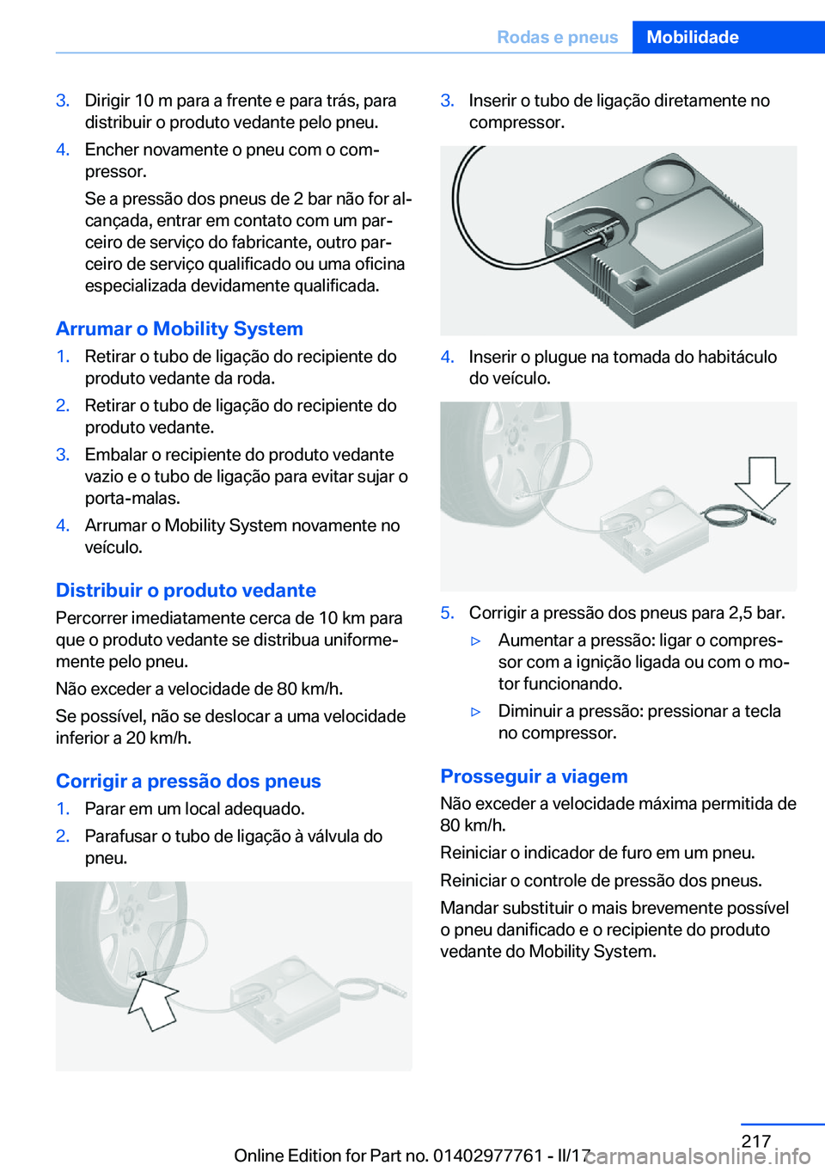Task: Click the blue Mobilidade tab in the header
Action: [x=729, y=37]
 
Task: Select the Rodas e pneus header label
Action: [x=557, y=37]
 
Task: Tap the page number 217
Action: [x=755, y=1141]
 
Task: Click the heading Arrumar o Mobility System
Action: [x=180, y=328]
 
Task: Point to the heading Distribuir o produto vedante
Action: [x=186, y=590]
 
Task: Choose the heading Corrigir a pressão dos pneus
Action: [x=188, y=781]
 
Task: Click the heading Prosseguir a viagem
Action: [x=534, y=776]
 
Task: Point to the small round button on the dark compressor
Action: [x=644, y=204]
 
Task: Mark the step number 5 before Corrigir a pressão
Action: [x=448, y=613]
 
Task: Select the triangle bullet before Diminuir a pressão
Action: [x=475, y=712]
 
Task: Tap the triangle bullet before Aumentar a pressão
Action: [x=475, y=641]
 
